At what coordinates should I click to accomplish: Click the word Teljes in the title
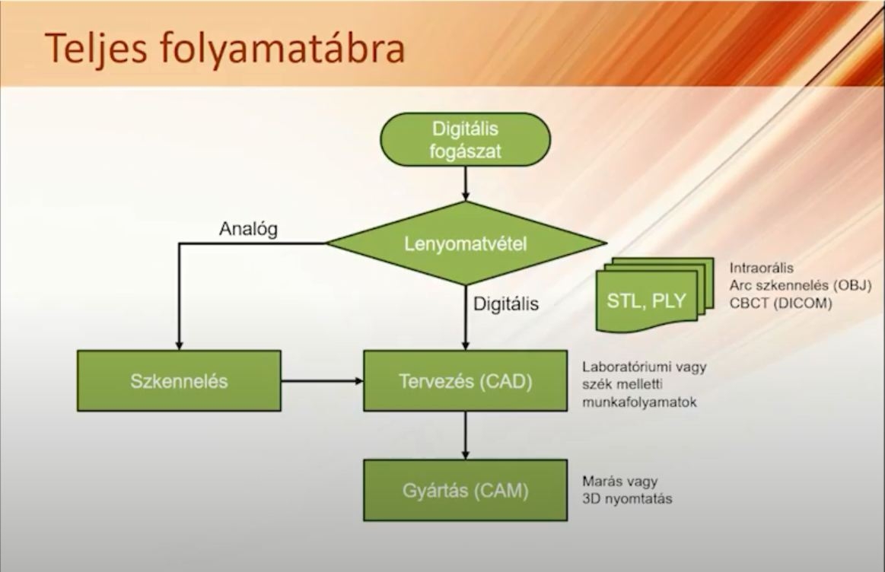coord(97,49)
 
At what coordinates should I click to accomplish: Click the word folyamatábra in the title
coord(282,49)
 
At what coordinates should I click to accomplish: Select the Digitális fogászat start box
coord(465,139)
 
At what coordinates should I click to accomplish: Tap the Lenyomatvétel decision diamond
coord(466,243)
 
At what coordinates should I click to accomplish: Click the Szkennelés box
coord(179,381)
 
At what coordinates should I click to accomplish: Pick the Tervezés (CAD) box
coord(466,381)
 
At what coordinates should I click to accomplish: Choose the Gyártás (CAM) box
coord(466,490)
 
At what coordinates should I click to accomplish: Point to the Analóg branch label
coord(248,229)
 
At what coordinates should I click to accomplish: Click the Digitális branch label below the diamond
coord(506,304)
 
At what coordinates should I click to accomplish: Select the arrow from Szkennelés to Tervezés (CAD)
coord(323,381)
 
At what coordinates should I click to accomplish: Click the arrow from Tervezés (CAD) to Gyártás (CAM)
coord(466,436)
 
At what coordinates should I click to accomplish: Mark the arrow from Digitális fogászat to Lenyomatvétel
coord(466,183)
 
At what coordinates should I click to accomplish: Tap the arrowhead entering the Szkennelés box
coord(179,346)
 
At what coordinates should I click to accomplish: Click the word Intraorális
coord(762,268)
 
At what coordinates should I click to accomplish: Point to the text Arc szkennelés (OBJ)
coord(801,285)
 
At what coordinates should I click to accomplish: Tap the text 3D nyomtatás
coord(627,499)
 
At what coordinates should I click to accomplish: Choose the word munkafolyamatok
coord(639,403)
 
